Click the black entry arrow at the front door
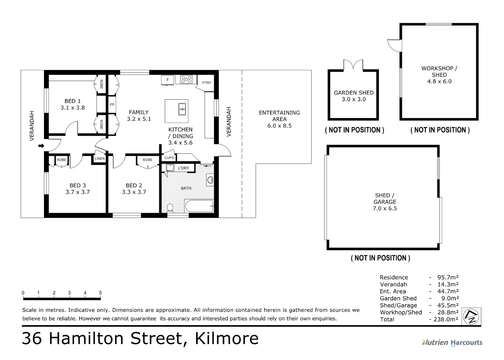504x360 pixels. tap(41, 146)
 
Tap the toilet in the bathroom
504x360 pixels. tap(170, 208)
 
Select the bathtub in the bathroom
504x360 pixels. tap(199, 206)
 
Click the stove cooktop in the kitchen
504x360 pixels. tap(186, 79)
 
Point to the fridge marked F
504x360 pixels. tap(168, 80)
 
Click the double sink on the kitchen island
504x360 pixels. tap(182, 109)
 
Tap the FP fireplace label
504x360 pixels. tap(112, 105)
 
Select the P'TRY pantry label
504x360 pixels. tap(207, 83)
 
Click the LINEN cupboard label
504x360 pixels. tap(99, 159)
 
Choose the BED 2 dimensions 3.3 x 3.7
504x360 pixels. tap(134, 192)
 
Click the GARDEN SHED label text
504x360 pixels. tap(353, 93)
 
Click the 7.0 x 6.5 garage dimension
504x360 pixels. tap(385, 208)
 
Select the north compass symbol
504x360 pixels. tap(471, 316)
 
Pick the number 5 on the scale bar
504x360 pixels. tap(100, 293)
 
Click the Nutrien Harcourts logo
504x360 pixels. tap(452, 342)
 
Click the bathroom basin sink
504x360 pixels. tap(210, 180)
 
